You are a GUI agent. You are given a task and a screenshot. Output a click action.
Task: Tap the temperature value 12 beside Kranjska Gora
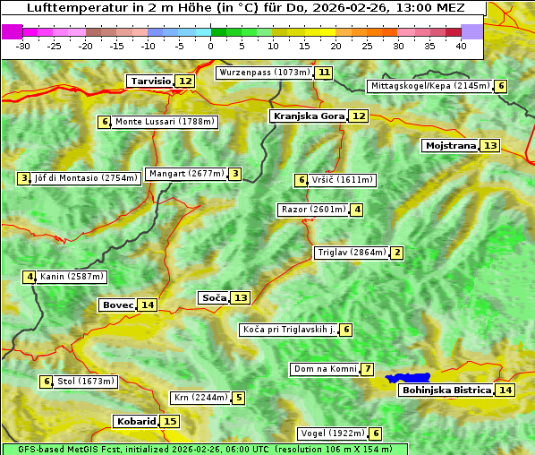358,116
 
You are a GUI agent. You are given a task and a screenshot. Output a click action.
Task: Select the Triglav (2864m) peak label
352,253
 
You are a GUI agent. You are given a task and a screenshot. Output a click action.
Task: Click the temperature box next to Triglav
396,253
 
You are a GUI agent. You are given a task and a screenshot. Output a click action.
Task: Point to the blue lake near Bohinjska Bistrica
409,378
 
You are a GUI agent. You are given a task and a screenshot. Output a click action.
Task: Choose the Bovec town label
117,305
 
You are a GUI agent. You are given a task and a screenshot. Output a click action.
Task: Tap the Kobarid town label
135,421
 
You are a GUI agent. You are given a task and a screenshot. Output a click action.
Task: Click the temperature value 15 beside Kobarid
170,421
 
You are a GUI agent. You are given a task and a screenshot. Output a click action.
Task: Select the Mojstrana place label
450,145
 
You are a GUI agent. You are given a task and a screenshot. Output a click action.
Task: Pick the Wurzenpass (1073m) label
265,73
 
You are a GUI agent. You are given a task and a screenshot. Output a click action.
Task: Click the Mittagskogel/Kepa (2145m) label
429,86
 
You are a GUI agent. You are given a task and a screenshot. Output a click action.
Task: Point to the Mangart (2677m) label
186,174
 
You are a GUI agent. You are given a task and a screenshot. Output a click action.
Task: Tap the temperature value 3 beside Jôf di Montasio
23,178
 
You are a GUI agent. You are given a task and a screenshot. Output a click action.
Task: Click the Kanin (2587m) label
72,277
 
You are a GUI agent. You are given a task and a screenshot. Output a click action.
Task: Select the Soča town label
214,297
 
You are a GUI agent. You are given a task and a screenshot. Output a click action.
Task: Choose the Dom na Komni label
325,369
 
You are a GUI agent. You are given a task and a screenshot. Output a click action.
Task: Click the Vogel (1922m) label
332,434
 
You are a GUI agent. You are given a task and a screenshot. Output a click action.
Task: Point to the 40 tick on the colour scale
461,46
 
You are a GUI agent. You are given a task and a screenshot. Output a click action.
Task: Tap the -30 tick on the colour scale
24,46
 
